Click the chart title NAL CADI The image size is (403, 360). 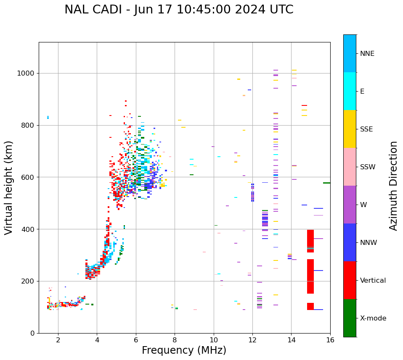[179, 10]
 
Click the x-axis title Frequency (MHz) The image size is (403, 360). [184, 350]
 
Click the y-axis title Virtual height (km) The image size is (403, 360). [9, 187]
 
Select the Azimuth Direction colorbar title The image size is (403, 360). [393, 185]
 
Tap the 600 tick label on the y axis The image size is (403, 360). [27, 177]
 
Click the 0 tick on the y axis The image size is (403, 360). [32, 333]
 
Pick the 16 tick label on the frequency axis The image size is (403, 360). [330, 340]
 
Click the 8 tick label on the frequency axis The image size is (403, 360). [175, 340]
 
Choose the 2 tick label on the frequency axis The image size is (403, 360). [58, 340]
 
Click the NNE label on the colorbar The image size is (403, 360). [367, 54]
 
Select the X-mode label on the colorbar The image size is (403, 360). [373, 318]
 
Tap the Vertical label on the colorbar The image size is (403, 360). [373, 280]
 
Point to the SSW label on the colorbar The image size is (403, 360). [368, 167]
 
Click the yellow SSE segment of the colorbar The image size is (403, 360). [350, 129]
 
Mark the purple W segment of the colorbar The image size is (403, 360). [350, 205]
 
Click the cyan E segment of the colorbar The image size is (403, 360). [350, 91]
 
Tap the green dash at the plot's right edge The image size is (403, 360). [326, 183]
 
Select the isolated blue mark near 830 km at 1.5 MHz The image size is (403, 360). [48, 118]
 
